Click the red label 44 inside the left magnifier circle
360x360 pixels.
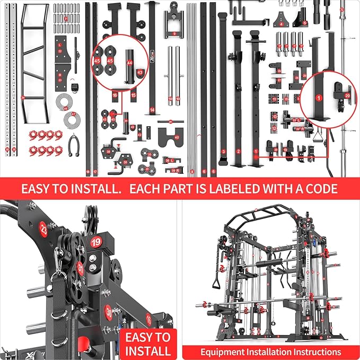click(130, 63)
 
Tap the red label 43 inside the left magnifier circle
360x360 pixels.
click(140, 72)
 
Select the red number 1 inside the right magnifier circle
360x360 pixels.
click(319, 98)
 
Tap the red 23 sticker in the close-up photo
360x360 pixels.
click(43, 231)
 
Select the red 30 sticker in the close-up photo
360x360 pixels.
click(108, 312)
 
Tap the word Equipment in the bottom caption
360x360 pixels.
click(222, 352)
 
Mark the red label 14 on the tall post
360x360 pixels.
click(152, 110)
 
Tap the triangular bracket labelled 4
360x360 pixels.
click(281, 22)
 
